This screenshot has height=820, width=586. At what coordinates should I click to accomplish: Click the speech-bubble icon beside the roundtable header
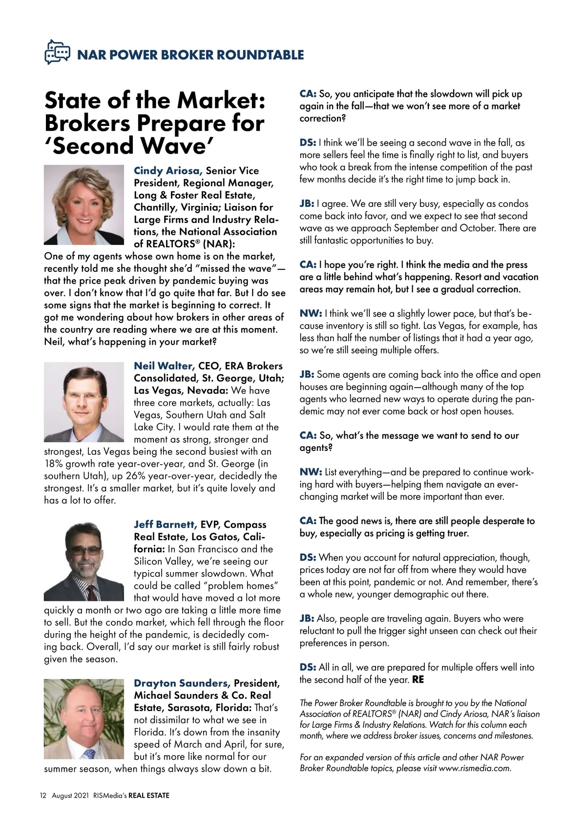58,52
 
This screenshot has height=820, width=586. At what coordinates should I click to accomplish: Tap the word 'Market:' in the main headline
221,101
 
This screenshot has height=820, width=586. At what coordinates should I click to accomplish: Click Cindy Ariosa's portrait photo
84,205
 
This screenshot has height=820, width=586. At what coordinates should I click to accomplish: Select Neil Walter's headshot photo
84,402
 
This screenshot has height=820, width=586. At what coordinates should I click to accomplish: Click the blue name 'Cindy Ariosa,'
167,171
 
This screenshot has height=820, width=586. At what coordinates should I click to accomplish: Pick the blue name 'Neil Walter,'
164,366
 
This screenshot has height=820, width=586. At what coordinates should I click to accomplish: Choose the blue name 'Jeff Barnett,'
165,525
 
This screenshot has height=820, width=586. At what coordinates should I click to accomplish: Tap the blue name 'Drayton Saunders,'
182,683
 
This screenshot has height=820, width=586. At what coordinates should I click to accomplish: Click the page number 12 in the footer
43,795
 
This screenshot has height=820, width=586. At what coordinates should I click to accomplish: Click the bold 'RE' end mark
418,679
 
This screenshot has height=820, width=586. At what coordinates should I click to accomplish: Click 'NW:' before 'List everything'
310,472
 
